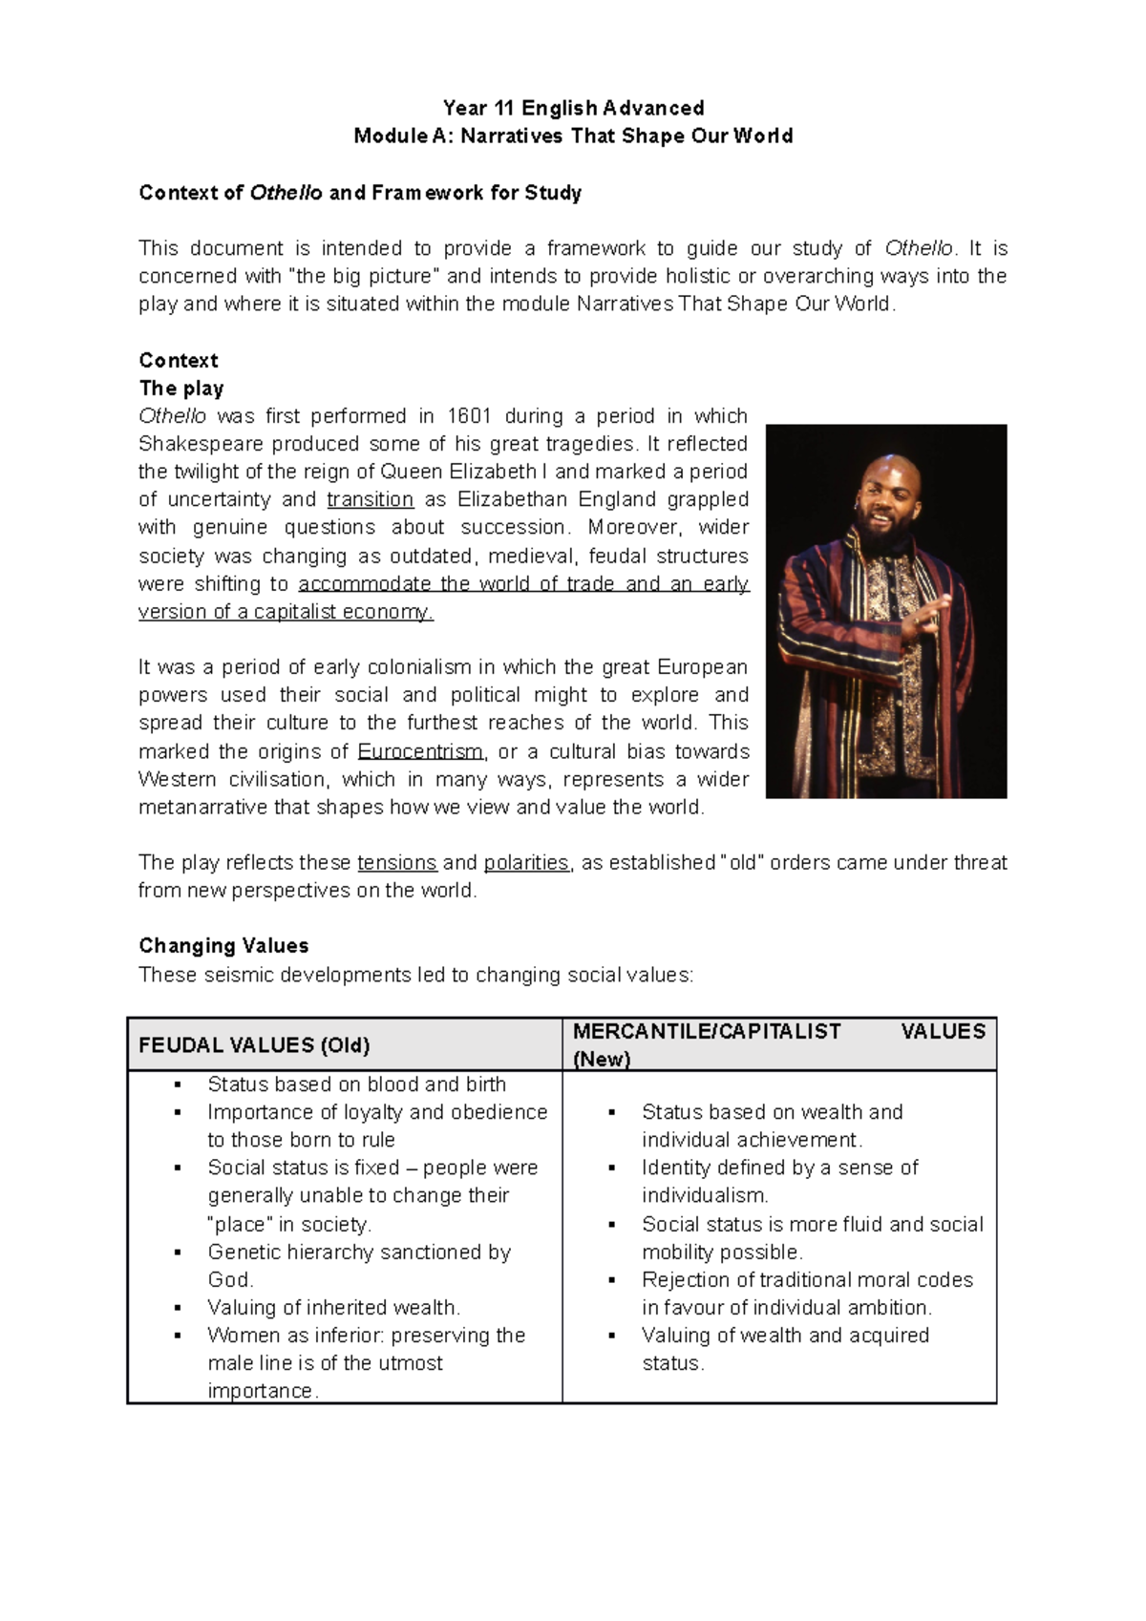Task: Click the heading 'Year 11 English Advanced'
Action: coord(573,108)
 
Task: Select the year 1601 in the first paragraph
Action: coord(469,416)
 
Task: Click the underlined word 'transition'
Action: coord(370,499)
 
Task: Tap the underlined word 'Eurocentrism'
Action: coord(420,751)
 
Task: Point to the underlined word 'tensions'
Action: coord(396,863)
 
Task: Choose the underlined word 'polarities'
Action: coord(526,863)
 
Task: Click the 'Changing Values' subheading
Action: coord(223,946)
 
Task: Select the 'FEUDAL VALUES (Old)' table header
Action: coord(254,1045)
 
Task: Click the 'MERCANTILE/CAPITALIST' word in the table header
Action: coord(707,1032)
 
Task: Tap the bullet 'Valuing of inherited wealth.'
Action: coord(333,1308)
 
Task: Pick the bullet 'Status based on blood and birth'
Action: coord(356,1084)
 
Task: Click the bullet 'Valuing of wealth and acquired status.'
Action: coord(784,1336)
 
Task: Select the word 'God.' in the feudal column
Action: coord(230,1280)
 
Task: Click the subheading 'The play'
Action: coord(181,389)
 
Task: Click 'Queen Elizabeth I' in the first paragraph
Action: coord(464,472)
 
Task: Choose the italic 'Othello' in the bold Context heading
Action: coord(286,193)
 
